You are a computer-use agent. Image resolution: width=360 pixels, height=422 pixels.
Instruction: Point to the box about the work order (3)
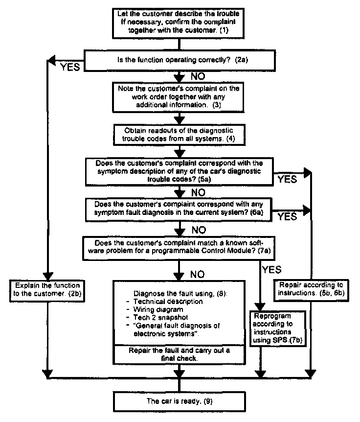click(180, 97)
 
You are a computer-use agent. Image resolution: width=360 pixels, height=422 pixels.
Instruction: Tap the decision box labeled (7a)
click(180, 247)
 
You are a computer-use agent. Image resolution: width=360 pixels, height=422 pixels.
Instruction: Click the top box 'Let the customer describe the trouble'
click(180, 22)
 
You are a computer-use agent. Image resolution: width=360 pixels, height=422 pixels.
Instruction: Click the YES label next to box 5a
click(287, 179)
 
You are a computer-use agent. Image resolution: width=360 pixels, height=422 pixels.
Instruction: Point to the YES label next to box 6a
click(287, 216)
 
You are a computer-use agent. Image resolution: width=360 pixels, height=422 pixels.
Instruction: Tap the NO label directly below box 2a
click(198, 76)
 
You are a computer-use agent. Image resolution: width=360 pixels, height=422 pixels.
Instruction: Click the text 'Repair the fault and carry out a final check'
click(180, 354)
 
